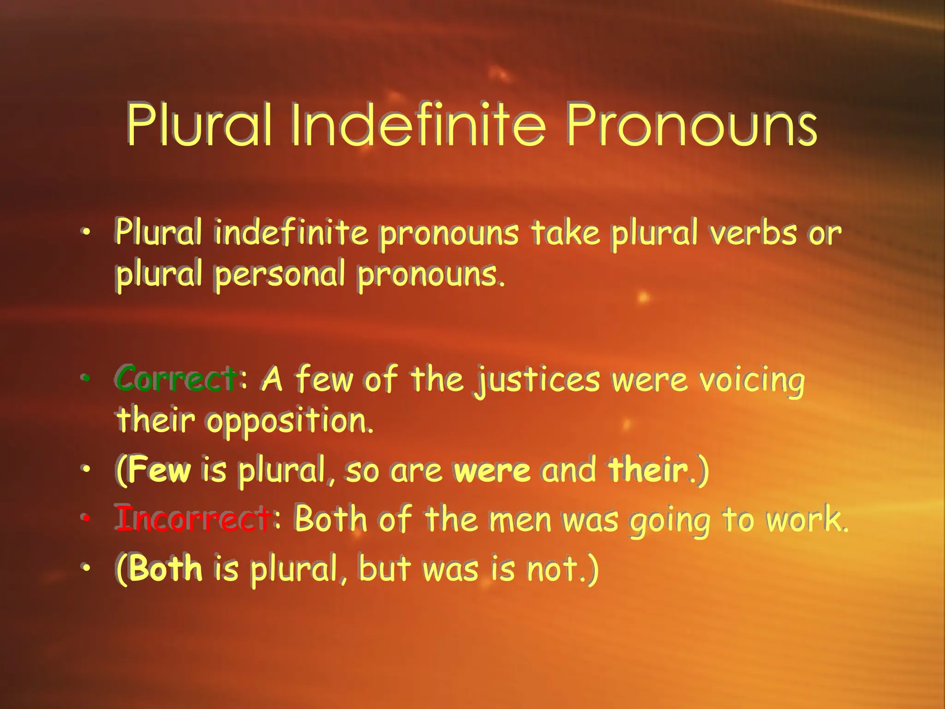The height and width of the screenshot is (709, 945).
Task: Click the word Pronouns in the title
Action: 691,125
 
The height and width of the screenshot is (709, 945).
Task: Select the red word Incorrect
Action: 193,519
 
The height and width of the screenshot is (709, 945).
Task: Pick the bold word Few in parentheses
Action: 160,470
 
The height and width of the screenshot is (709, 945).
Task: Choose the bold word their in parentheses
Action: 648,470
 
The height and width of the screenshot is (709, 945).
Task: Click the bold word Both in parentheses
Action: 166,568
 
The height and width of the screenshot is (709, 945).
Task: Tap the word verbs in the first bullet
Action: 753,233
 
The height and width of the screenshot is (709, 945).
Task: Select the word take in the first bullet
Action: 566,233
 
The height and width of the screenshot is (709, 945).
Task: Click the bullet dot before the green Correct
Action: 85,378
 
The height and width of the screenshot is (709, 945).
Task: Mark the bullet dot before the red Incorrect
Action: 85,518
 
